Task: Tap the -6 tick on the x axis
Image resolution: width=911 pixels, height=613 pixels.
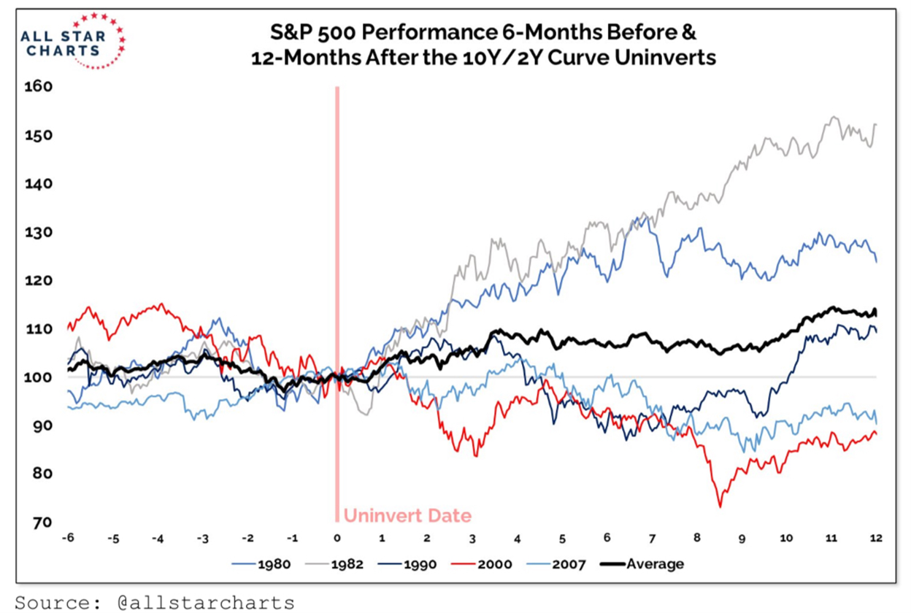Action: pos(68,539)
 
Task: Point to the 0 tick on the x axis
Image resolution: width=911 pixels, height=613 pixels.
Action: pos(337,539)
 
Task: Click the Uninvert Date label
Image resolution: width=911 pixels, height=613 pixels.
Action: pos(407,516)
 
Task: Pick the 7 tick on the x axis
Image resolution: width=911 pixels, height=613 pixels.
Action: pos(652,539)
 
